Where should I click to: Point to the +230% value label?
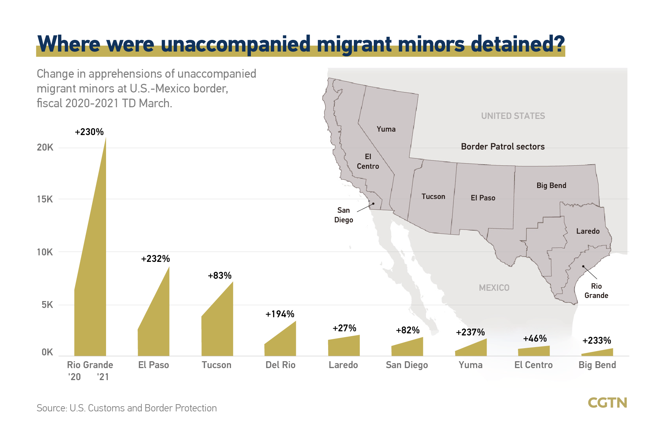point(89,132)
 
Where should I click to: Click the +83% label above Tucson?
point(220,276)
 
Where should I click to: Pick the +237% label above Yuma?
point(470,332)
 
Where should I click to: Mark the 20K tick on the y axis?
point(45,147)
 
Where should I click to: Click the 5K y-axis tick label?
point(47,305)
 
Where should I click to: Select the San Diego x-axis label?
point(407,365)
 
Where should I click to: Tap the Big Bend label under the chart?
point(597,365)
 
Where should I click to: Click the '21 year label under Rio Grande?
point(103,377)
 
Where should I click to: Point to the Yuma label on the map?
point(386,129)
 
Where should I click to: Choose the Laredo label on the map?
point(588,231)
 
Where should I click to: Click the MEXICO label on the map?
point(494,288)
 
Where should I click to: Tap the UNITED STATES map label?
point(513,116)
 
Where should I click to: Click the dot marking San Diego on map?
point(373,204)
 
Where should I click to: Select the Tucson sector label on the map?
point(433,197)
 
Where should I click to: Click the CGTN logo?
point(607,402)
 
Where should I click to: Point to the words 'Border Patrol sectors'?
point(503,147)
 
